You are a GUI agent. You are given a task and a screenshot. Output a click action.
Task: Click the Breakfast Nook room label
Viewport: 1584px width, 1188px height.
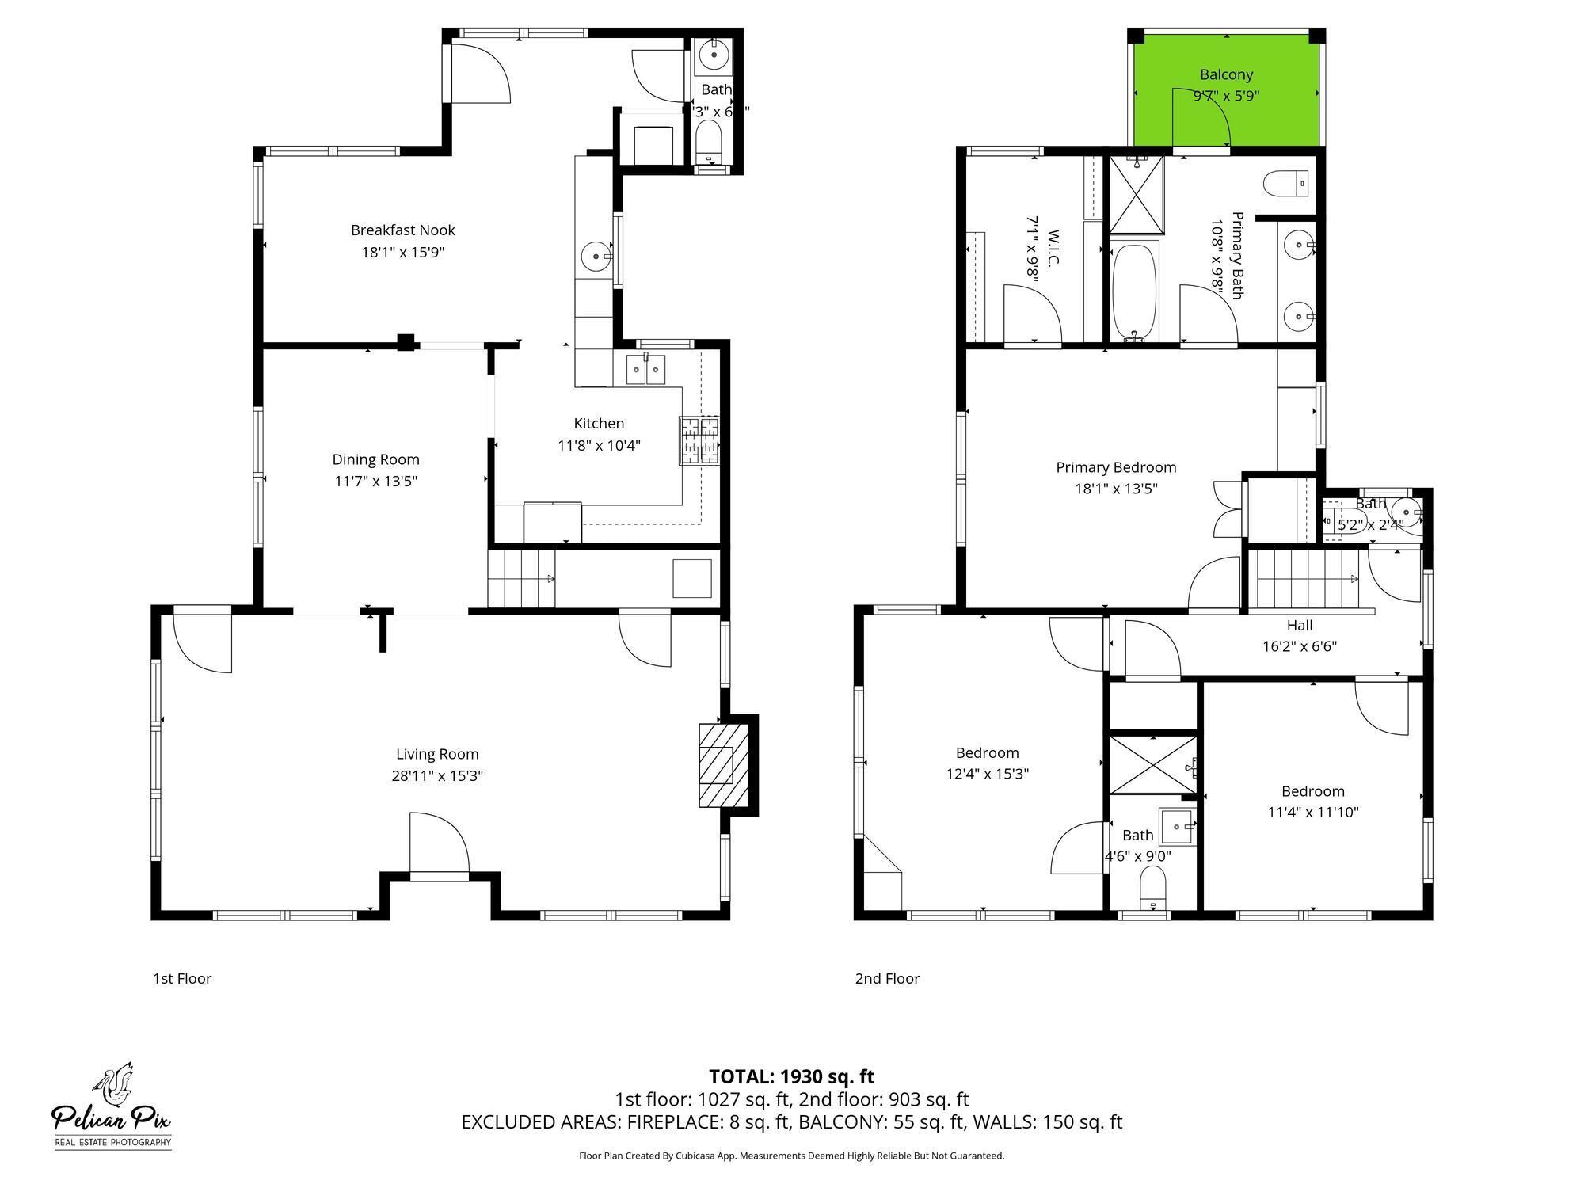[403, 230]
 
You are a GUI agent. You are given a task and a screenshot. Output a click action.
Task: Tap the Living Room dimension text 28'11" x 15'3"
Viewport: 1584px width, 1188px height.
[437, 775]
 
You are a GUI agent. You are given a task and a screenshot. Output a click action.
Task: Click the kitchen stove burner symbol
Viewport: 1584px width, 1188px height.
[700, 440]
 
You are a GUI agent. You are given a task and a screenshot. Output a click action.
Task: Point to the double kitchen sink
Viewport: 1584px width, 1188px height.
[646, 370]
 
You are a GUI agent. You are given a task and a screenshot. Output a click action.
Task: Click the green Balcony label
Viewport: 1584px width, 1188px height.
[1226, 74]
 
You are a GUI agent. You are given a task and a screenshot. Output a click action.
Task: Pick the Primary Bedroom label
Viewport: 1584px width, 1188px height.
[1116, 467]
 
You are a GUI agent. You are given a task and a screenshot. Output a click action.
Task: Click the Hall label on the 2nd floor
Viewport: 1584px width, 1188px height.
[1299, 625]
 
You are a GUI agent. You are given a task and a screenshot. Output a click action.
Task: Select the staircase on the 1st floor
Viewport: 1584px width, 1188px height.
[520, 579]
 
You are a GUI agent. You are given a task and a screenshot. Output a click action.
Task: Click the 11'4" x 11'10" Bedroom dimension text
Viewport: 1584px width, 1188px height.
[1313, 812]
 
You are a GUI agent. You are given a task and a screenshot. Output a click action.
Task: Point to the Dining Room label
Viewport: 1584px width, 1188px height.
[375, 459]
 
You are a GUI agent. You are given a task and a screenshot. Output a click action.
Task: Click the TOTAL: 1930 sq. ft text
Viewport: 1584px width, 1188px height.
[791, 1076]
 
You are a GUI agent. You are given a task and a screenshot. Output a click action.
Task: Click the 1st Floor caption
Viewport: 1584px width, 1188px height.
[182, 978]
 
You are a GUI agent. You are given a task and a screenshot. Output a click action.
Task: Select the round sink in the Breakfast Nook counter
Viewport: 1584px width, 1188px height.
[595, 256]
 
